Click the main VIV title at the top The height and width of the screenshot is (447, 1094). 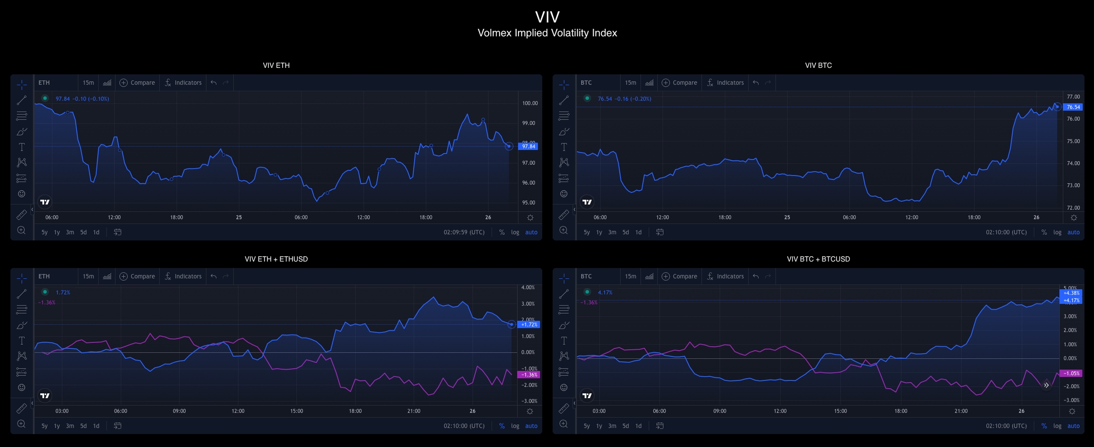click(547, 17)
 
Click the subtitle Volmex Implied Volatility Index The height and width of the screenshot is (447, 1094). click(547, 33)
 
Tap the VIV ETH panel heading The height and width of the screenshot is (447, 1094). click(276, 65)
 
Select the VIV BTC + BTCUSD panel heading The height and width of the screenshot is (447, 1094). click(818, 259)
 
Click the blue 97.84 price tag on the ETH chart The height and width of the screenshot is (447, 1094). click(528, 146)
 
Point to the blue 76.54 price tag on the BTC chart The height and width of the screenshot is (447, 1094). click(1073, 107)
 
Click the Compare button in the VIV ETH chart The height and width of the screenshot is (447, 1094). click(137, 83)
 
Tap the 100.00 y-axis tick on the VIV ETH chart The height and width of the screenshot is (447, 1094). click(530, 103)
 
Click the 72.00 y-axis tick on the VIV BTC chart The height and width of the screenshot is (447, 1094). click(1073, 208)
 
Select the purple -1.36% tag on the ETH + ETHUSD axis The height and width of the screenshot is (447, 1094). click(528, 375)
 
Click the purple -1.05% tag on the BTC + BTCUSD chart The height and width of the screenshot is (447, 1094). click(1071, 373)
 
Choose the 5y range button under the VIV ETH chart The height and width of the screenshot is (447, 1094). click(44, 233)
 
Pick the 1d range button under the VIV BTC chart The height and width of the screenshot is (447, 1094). click(638, 233)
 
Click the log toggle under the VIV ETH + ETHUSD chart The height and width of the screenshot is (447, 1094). click(515, 426)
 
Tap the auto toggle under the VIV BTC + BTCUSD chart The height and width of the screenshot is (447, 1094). click(1073, 426)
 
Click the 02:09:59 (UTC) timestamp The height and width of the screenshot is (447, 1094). click(464, 233)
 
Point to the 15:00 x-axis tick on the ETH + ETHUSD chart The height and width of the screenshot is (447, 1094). click(296, 411)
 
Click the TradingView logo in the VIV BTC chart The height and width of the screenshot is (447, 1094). click(587, 202)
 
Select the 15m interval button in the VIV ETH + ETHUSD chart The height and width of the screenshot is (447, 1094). click(88, 276)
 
